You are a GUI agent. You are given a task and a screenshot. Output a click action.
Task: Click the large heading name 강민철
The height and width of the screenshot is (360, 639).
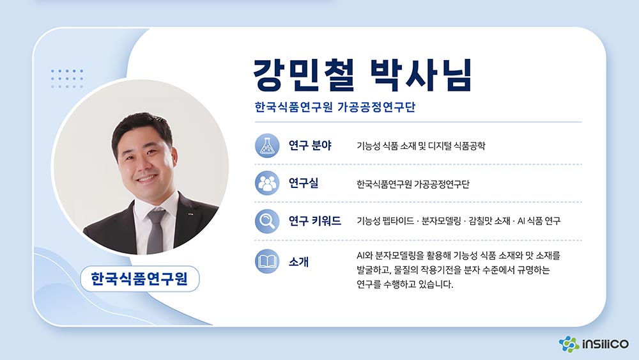point(304,75)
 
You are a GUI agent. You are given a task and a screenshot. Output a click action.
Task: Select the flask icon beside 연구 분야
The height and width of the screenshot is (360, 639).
point(267,146)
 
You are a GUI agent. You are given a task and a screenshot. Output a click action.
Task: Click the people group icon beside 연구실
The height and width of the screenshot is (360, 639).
point(267,183)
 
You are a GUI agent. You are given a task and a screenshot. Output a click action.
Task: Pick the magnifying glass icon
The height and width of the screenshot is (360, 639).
point(267,221)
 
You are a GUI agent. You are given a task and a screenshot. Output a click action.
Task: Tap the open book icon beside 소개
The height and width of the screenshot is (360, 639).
point(267,262)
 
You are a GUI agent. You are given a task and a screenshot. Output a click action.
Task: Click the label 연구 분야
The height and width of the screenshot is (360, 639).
point(310,146)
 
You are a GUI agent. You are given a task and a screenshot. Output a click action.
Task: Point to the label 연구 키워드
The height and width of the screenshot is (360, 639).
point(314,221)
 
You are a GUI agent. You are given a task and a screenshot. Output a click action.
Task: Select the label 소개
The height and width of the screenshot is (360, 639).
point(298,262)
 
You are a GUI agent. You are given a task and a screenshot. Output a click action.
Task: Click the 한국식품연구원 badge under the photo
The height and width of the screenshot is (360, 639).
point(139,279)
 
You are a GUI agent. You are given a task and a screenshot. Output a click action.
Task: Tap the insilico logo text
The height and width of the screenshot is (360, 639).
point(605,344)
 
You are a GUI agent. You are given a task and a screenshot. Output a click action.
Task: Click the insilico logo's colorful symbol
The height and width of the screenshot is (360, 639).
point(569,344)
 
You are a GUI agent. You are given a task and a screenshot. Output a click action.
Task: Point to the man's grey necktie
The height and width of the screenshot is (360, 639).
point(156,231)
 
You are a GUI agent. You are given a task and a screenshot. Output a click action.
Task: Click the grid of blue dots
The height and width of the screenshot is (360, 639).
point(67,79)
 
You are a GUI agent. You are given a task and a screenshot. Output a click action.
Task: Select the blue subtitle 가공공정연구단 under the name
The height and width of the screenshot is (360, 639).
point(376,107)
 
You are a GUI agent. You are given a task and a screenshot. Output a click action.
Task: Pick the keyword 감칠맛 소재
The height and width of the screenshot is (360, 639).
point(489,221)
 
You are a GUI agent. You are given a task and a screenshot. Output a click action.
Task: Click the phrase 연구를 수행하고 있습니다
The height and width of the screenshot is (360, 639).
point(404,284)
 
